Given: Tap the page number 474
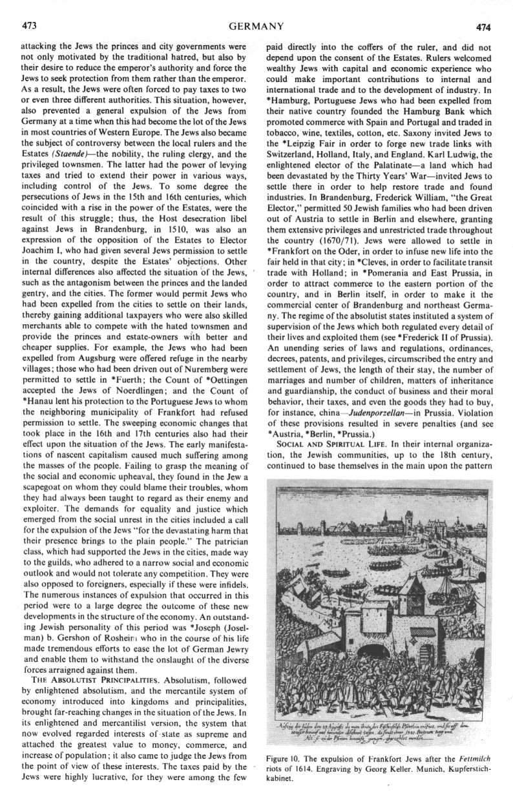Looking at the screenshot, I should (x=484, y=27).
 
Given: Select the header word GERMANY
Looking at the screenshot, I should (x=256, y=26).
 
